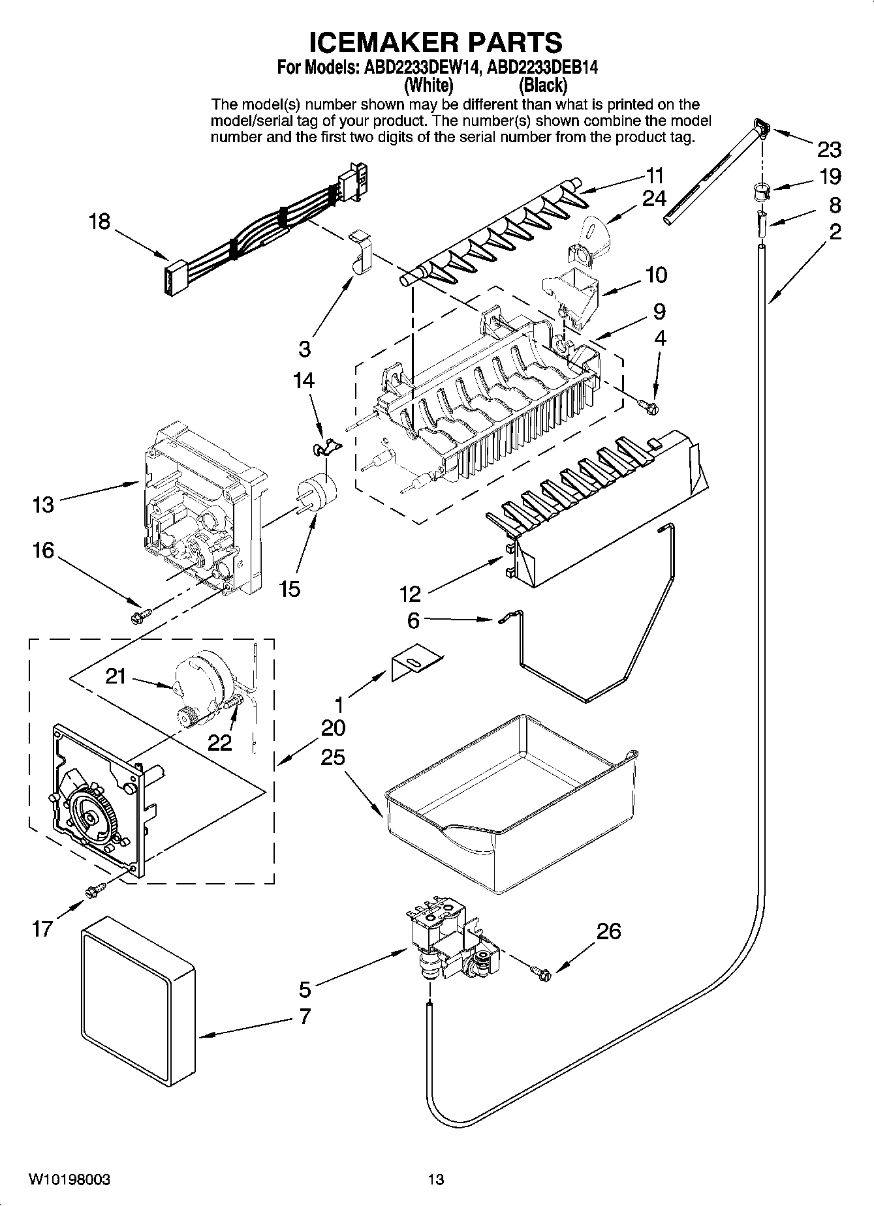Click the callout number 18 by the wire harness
(x=100, y=222)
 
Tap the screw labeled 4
(x=651, y=407)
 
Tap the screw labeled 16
(x=140, y=614)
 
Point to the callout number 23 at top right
(x=829, y=150)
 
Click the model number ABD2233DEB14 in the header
(x=543, y=67)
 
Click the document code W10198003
(x=69, y=1179)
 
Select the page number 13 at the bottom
(x=436, y=1179)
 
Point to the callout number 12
(x=411, y=594)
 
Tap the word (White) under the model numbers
(x=429, y=85)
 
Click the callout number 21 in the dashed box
(x=116, y=676)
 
